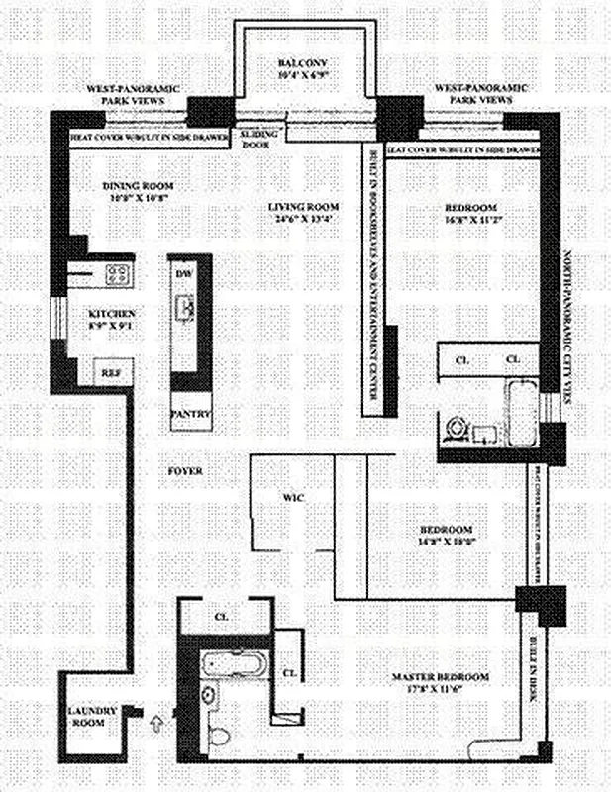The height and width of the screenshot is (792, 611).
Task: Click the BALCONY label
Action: tap(306, 65)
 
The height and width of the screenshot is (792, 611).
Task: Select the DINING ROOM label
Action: tap(139, 185)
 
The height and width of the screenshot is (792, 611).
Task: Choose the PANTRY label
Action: tap(190, 413)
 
